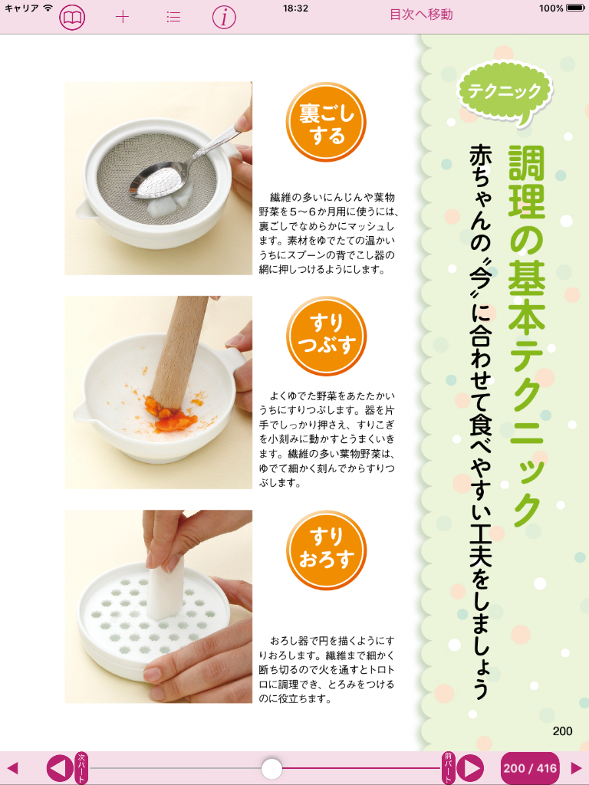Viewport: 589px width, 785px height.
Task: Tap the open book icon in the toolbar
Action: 72,18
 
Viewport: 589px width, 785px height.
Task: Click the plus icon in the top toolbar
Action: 122,17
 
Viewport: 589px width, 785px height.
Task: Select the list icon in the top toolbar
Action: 173,17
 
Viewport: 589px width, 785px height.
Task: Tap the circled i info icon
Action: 224,17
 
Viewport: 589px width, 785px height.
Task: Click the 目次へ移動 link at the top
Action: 421,15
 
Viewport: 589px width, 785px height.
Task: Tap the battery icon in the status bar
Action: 575,8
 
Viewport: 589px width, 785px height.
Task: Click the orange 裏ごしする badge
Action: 326,123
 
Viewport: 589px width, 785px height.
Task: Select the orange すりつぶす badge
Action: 326,336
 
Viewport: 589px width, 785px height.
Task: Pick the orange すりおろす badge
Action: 326,550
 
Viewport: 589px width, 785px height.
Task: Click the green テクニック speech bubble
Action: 505,93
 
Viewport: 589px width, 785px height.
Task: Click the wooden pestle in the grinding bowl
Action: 179,356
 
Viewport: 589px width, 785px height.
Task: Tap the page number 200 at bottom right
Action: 562,731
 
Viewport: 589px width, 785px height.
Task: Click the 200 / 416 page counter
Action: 530,768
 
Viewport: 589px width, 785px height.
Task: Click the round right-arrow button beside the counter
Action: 471,768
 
